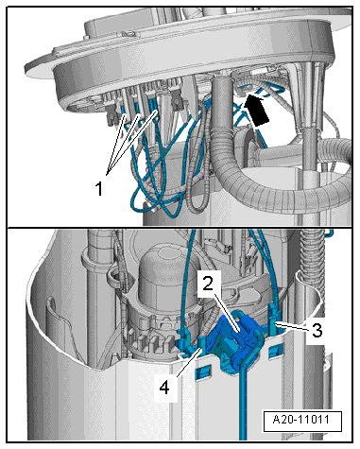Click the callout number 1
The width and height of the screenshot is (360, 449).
99,189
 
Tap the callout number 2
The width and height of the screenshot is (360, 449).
208,284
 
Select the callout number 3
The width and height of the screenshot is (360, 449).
317,330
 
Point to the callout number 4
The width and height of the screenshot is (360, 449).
164,388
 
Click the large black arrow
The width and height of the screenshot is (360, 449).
256,110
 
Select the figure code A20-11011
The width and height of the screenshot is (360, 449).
301,420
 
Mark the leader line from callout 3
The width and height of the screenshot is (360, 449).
292,326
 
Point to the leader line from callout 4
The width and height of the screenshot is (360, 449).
190,362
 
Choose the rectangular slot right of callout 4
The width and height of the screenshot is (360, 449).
203,371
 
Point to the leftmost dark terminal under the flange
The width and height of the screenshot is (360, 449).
111,113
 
